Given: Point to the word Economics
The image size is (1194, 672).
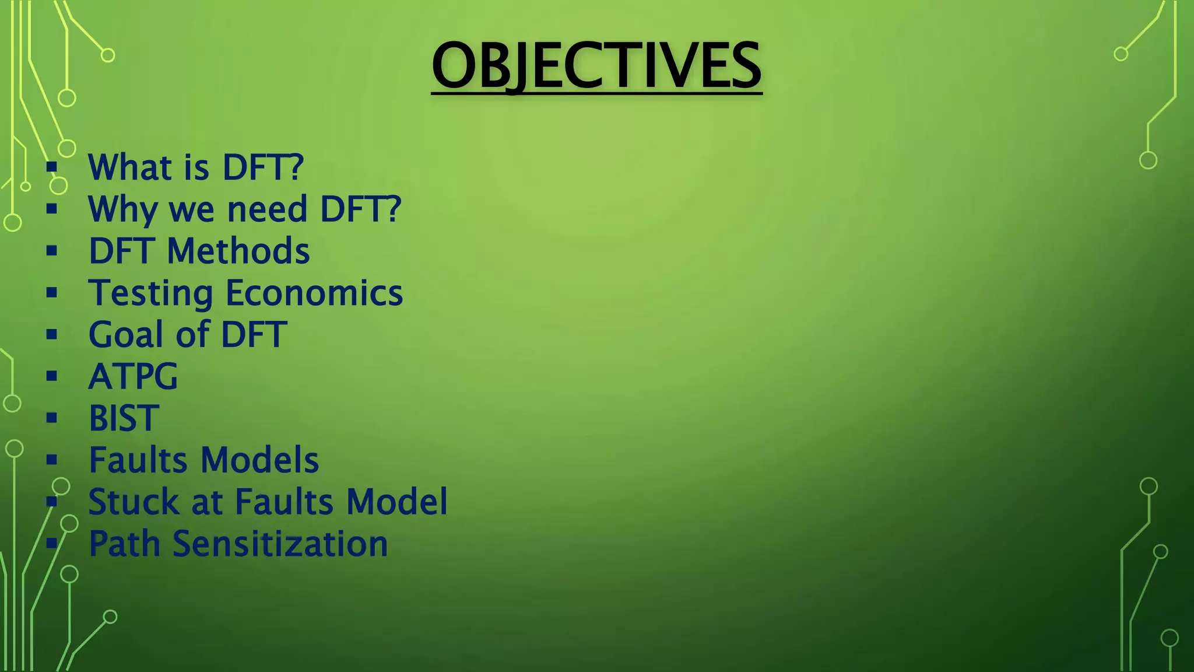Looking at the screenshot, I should coord(314,293).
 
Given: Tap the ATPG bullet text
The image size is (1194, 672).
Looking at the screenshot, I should coord(133,377).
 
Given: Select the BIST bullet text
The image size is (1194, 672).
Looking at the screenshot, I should coord(124,418).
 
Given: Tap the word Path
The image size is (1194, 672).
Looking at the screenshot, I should coord(125,544).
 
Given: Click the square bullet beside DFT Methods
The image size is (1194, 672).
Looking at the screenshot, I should coord(52,251).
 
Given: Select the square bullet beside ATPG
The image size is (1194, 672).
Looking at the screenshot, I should coord(52,376).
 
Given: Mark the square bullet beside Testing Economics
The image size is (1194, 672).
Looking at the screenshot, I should coord(52,293).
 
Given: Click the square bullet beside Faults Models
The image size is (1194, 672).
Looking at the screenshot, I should coord(52,460).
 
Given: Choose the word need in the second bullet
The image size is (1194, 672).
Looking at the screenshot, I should coord(266,209).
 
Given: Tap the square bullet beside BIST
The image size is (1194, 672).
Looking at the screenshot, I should coord(52,418).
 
